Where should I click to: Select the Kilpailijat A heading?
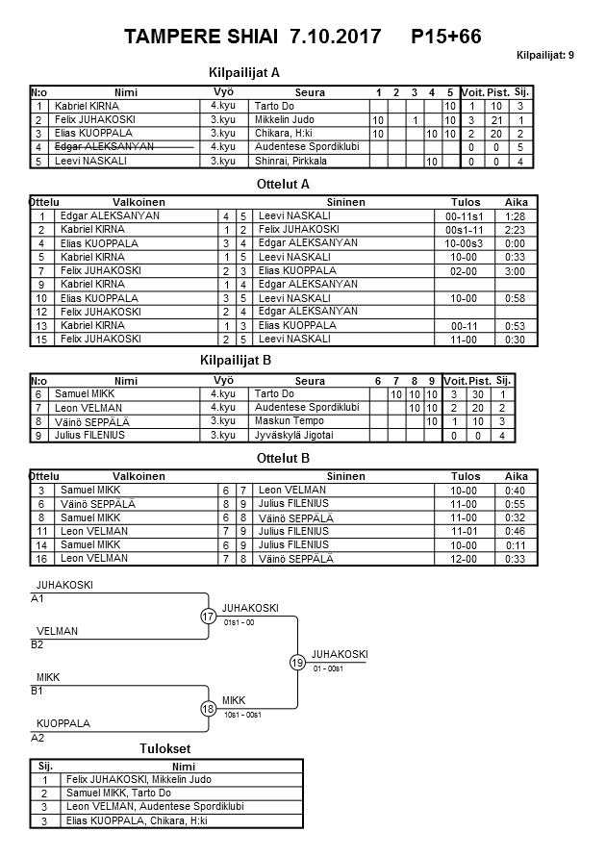[243, 71]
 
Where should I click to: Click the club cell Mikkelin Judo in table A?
[284, 119]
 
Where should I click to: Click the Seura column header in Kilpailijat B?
[310, 381]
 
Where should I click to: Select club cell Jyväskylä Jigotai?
[294, 435]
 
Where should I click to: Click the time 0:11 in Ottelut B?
[517, 544]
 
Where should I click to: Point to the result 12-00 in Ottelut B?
[466, 558]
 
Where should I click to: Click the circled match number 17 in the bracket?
[208, 616]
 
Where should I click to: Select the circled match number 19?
[297, 662]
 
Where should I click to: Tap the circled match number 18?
[208, 708]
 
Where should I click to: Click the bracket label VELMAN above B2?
[58, 631]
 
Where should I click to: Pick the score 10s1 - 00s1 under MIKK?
[242, 715]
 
